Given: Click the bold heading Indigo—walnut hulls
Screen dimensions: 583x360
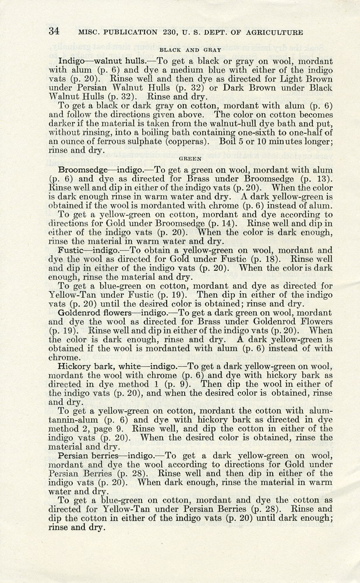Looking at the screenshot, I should pos(100,61).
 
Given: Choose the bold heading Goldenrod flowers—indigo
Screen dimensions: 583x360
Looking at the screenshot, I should pos(112,312).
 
